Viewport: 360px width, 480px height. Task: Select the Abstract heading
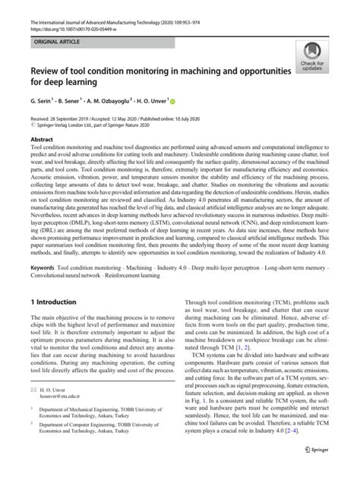[x=43, y=141]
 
